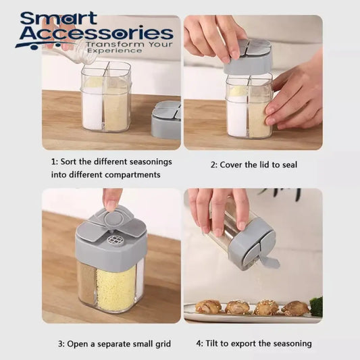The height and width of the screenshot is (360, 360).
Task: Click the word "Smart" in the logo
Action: click(59, 18)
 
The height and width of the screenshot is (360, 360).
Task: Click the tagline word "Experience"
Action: click(115, 51)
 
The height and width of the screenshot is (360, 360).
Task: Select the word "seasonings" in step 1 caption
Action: click(151, 162)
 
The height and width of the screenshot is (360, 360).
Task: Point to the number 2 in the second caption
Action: click(213, 165)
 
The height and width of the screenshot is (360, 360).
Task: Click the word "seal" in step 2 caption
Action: click(289, 165)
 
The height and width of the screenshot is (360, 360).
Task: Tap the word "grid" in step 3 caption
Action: click(163, 344)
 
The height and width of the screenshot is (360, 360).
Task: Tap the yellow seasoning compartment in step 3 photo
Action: click(116, 288)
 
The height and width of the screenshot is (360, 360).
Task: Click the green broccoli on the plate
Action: click(316, 306)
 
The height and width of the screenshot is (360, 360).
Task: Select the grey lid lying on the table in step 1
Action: click(165, 120)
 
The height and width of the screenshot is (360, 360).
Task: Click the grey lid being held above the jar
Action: click(248, 57)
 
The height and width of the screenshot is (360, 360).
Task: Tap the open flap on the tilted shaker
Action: click(271, 262)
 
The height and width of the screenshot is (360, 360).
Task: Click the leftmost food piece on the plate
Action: click(209, 306)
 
